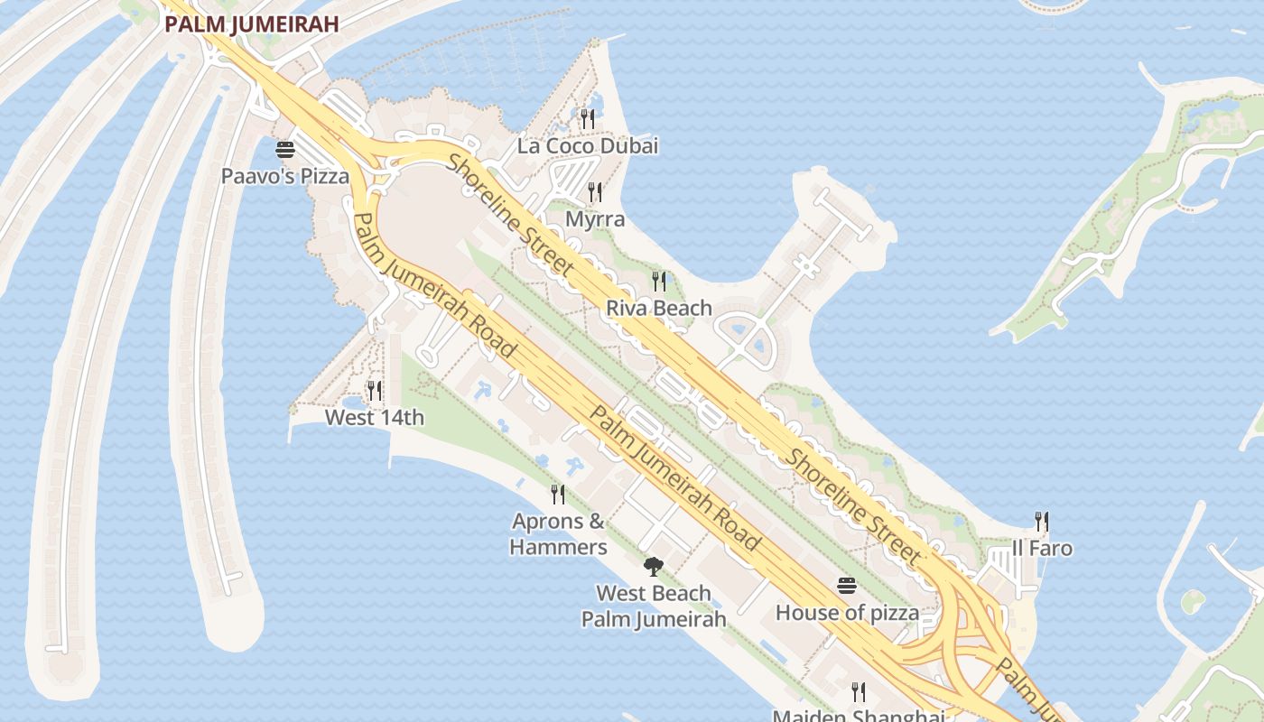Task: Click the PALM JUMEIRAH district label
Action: point(252,24)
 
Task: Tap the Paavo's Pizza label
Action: point(285,176)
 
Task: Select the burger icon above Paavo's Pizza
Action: point(285,150)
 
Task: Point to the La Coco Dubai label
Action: point(588,145)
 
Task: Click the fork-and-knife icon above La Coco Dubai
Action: point(588,117)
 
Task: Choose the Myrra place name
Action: point(595,219)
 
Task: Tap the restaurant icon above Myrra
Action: point(595,191)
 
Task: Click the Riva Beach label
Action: point(659,309)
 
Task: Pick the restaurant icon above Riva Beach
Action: point(659,282)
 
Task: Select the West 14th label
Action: point(375,418)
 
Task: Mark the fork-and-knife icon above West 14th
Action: point(375,391)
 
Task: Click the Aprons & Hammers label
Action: point(558,534)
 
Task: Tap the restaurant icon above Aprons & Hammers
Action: point(558,494)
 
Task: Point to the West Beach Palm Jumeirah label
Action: point(654,606)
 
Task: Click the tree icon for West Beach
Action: point(654,567)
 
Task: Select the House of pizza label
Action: point(847,614)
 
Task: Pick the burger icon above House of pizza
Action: point(847,586)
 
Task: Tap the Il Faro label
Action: point(1042,549)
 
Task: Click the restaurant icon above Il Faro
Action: point(1042,521)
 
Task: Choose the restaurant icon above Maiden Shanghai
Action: point(859,692)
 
